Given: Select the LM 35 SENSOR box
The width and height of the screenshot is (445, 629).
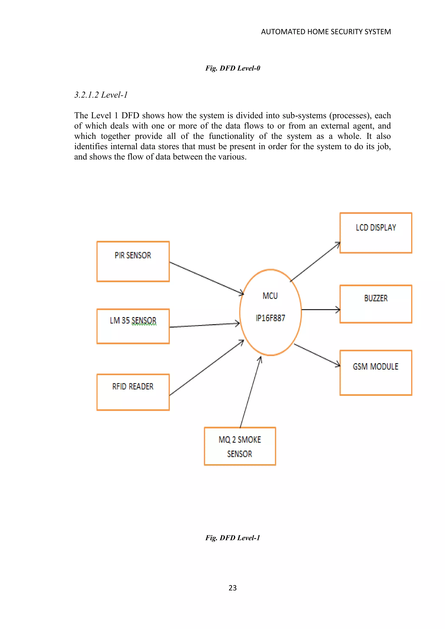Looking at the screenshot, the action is coord(133,326).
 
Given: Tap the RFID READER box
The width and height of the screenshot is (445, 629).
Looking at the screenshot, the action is coord(133,392).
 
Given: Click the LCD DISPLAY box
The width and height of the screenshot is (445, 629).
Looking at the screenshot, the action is coord(376,233).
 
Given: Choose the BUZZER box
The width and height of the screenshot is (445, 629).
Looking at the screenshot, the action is coord(376,304).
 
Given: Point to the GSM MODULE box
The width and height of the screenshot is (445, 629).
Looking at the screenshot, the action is coord(376,372).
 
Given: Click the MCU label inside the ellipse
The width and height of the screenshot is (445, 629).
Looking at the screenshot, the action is coord(270,296).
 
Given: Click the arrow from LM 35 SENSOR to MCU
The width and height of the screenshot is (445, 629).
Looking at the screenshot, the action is coord(204,325).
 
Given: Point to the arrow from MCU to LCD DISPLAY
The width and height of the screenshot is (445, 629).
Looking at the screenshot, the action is coord(315,262).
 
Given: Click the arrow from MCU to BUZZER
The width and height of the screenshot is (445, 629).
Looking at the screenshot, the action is coord(320,310).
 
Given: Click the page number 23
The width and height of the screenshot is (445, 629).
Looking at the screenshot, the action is coord(232,588).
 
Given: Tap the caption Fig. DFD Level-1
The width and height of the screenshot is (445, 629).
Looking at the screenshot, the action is coord(232,538).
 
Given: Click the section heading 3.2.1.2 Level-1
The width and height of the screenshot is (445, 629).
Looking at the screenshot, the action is coord(101,95).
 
